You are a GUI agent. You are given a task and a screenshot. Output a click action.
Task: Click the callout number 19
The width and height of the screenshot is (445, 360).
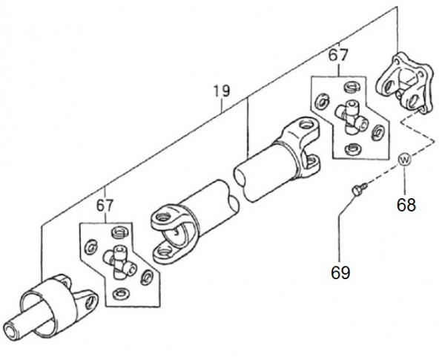click(x=222, y=91)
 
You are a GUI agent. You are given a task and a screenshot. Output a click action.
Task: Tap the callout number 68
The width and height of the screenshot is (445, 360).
click(x=406, y=205)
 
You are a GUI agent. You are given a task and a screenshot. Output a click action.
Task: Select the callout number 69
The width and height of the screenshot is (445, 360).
click(x=340, y=272)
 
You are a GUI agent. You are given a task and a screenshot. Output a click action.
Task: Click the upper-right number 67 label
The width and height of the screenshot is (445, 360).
click(x=338, y=55)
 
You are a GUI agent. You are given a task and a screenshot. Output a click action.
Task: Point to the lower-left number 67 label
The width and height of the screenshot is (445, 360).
click(x=105, y=206)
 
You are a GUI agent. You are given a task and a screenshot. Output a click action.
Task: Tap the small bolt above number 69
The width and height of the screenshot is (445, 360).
click(x=360, y=189)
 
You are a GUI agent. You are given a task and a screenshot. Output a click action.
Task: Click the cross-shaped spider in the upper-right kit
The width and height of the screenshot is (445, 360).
click(x=352, y=117)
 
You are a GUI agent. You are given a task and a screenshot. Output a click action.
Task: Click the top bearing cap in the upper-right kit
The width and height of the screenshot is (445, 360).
click(x=352, y=87)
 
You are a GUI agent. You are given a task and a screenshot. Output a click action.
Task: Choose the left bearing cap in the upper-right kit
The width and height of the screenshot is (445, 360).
click(x=322, y=101)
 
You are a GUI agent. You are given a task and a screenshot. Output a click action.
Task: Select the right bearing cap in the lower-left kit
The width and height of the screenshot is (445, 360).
click(x=148, y=276)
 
